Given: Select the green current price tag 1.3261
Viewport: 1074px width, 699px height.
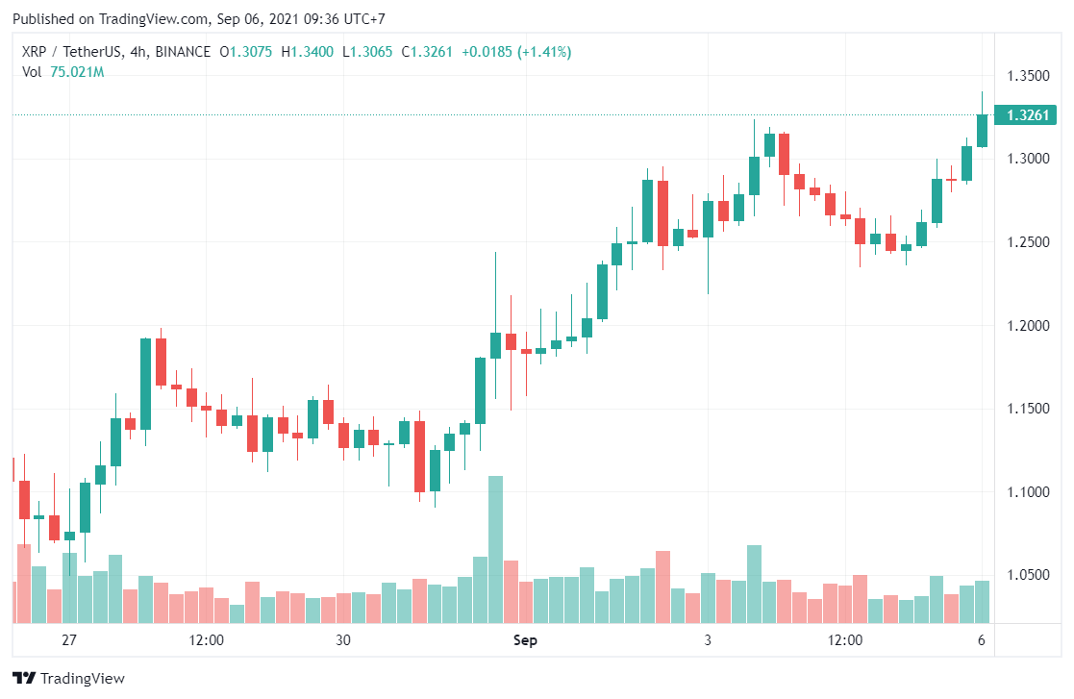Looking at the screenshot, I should click(1027, 115).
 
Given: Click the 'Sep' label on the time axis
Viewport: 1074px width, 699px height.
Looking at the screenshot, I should click(525, 640).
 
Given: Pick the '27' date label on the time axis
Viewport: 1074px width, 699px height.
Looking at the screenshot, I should click(68, 640).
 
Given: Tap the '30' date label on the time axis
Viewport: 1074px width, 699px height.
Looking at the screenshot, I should click(343, 640).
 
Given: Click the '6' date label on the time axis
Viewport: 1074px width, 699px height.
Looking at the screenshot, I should click(982, 640).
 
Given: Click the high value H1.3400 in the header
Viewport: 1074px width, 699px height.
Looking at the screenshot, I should click(307, 52).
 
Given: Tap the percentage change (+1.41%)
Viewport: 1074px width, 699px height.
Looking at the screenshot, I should click(544, 52).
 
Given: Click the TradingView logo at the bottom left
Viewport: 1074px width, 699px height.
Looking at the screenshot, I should click(68, 678).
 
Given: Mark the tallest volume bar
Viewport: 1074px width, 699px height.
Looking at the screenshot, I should click(495, 549).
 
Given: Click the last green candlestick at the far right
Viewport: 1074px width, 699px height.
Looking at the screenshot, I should click(982, 131).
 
